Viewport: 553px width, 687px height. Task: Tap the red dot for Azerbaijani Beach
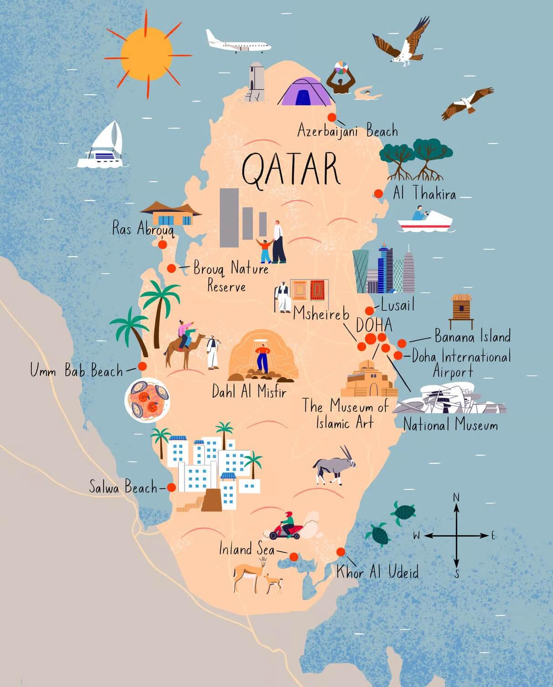point(332,118)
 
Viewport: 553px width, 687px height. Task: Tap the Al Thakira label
point(424,193)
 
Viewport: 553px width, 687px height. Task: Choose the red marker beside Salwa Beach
point(171,487)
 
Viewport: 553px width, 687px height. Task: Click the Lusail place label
point(398,305)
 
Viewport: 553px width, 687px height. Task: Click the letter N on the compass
point(456,497)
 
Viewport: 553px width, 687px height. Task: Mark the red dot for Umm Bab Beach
point(142,366)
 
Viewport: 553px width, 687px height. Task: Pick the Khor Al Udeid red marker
point(341,552)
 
